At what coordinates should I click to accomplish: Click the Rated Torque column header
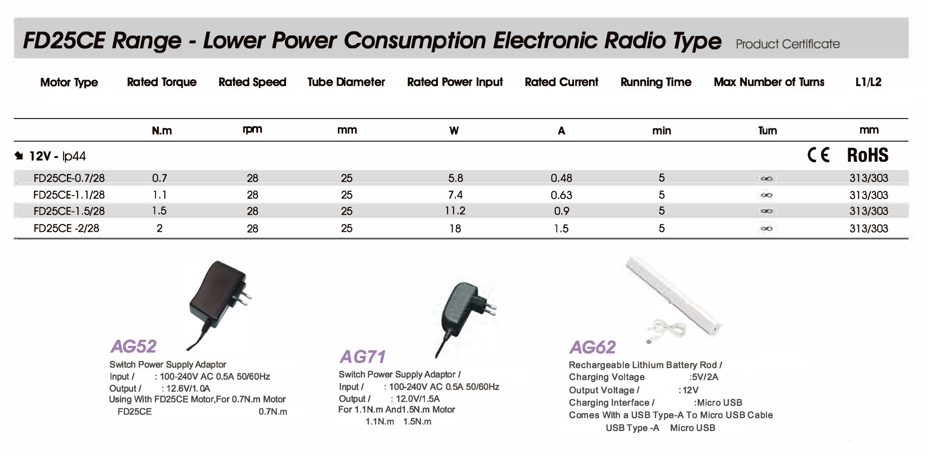pos(162,82)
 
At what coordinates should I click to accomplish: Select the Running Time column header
pos(656,82)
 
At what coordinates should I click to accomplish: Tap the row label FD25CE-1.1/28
pos(69,195)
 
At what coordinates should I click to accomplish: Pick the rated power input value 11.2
pos(455,211)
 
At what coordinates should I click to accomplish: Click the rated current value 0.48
pos(561,178)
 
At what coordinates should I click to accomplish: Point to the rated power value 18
pos(455,229)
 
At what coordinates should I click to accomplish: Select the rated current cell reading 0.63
pos(561,195)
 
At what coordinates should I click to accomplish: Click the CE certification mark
pos(818,155)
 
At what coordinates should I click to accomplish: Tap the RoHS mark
pos(868,155)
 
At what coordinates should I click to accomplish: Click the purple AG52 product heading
pos(133,346)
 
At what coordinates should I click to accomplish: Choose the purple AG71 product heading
pos(363,357)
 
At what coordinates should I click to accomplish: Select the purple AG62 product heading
pos(592,347)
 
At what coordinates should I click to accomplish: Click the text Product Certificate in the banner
pos(788,44)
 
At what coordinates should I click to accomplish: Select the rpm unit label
pos(252,129)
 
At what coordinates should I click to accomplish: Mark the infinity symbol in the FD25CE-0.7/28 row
pos(766,178)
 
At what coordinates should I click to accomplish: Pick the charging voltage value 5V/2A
pos(704,377)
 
